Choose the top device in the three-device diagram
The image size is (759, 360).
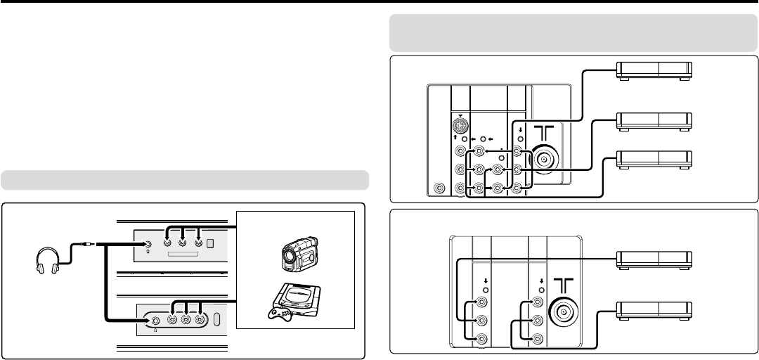pyautogui.click(x=654, y=71)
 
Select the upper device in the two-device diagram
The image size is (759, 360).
pyautogui.click(x=654, y=261)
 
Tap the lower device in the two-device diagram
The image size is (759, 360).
pyautogui.click(x=654, y=309)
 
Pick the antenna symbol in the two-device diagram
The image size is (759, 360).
pyautogui.click(x=564, y=283)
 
